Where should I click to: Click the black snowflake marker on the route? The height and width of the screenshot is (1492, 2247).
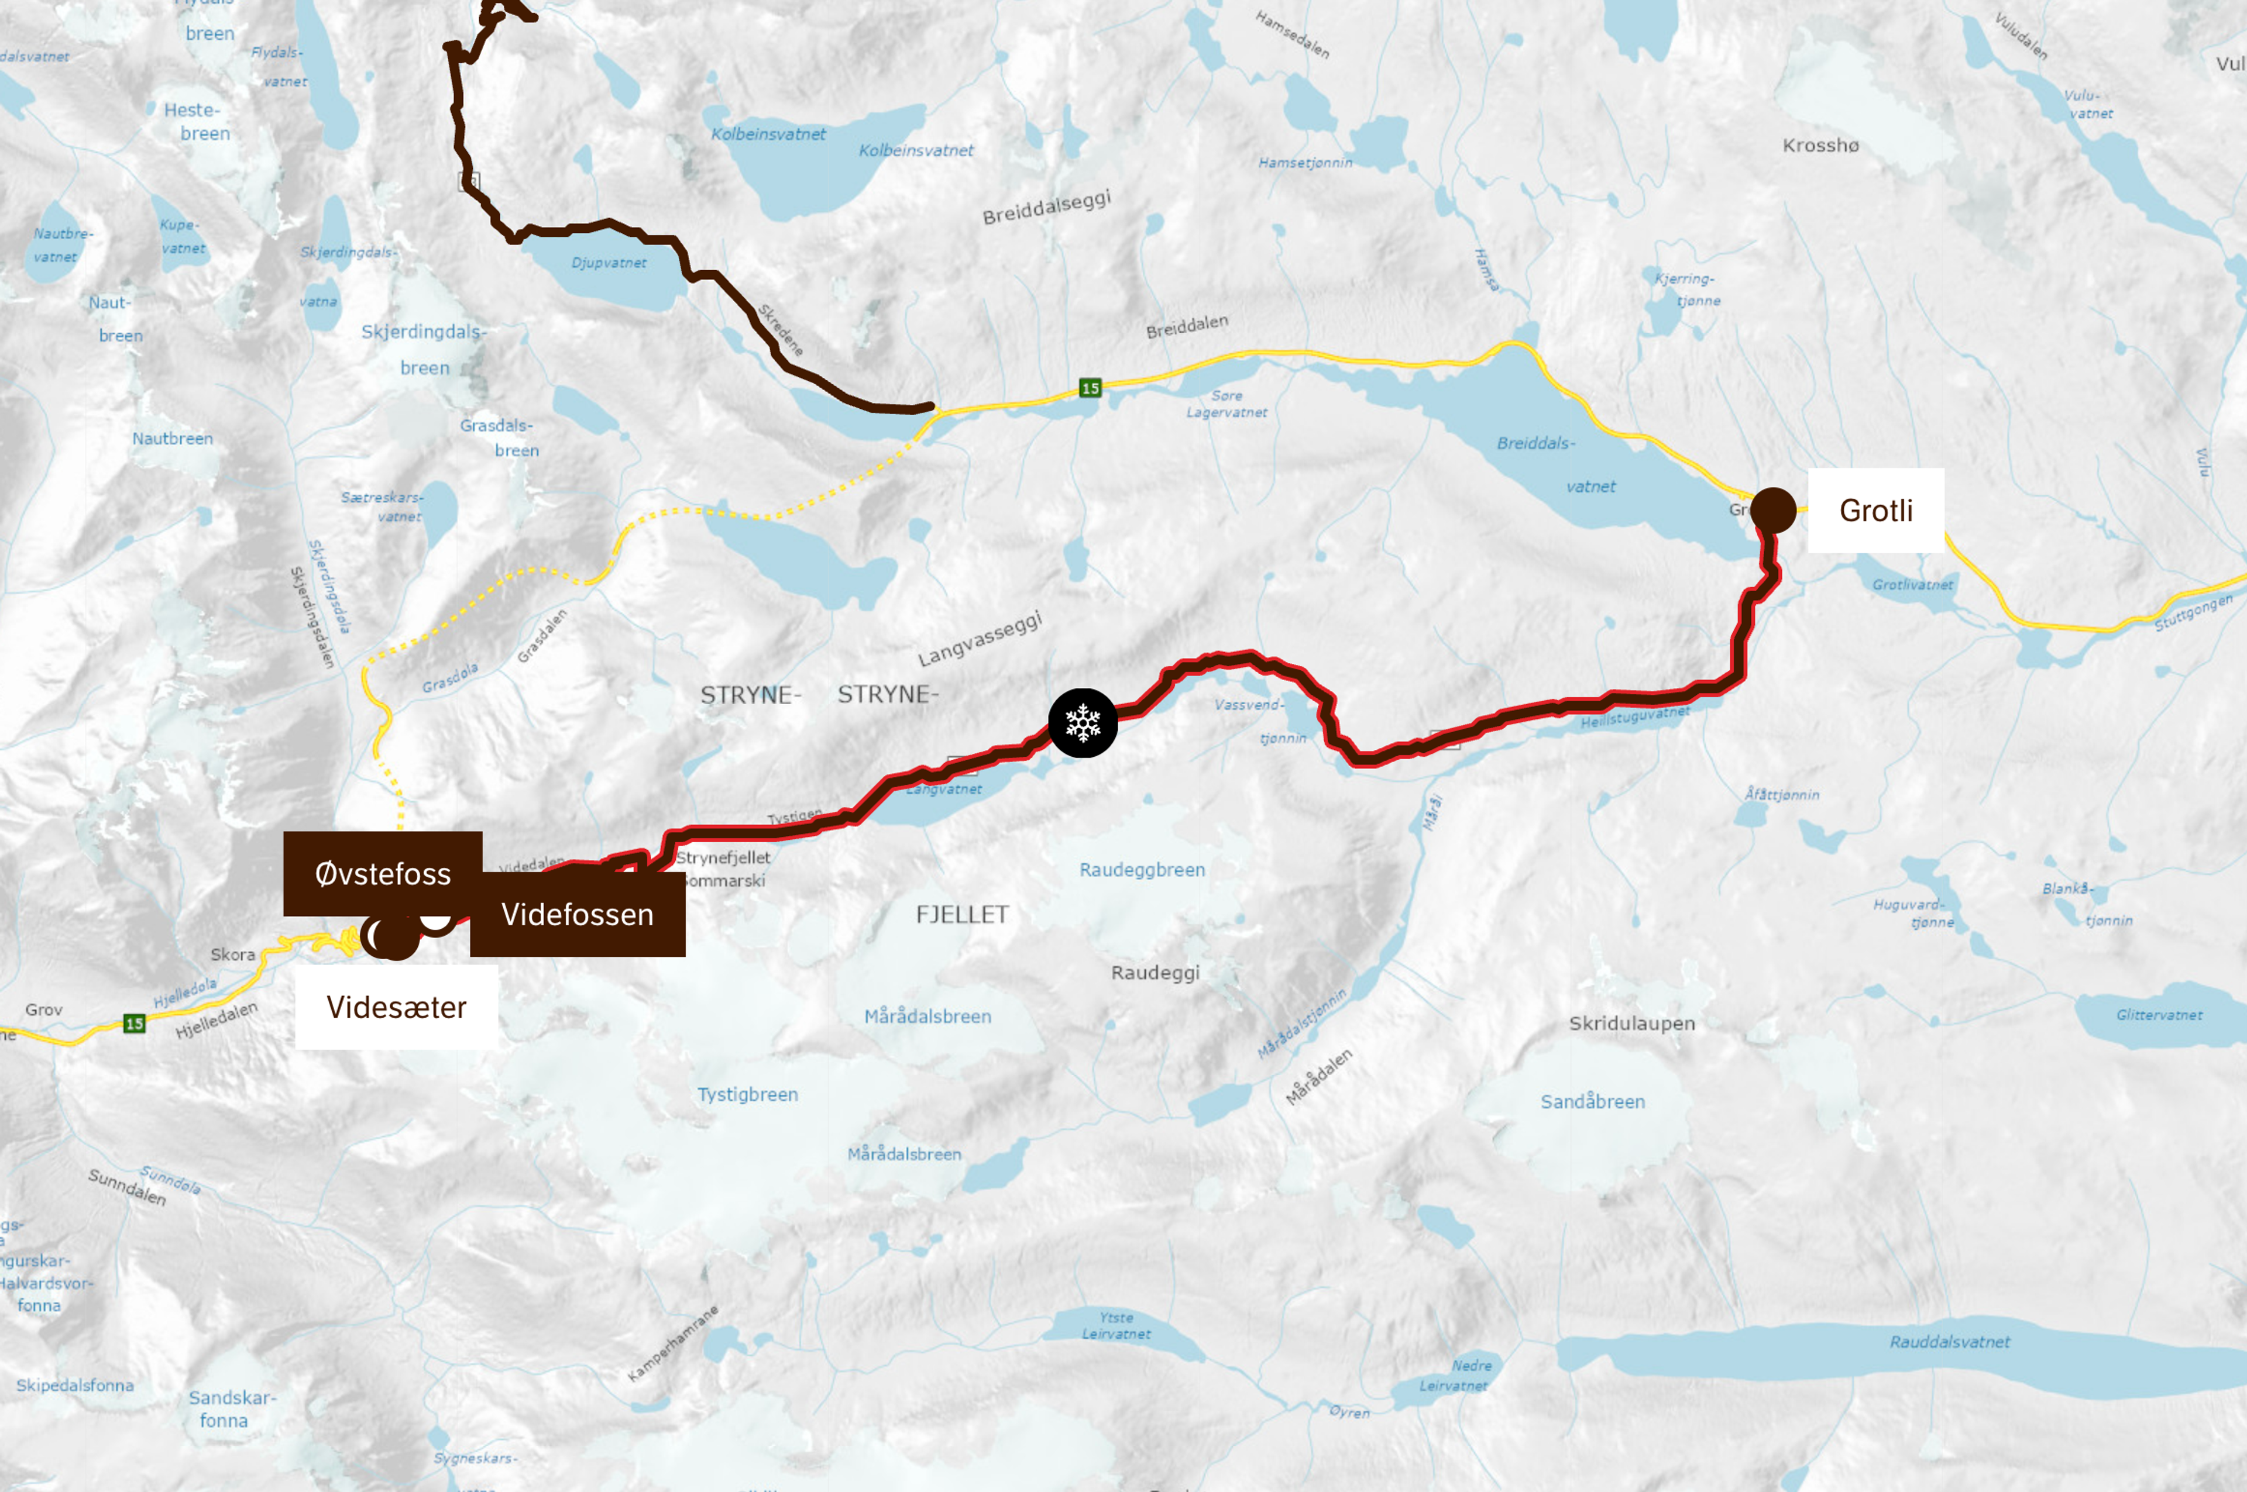(x=1082, y=723)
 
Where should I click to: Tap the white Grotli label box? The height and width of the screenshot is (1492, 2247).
(x=1875, y=511)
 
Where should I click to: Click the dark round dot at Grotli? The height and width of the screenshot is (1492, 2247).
(x=1773, y=510)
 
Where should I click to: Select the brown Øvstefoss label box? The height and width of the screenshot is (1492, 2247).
(x=383, y=874)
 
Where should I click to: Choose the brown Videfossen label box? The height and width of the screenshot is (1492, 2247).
(x=578, y=914)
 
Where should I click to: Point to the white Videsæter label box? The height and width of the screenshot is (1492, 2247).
(x=396, y=1007)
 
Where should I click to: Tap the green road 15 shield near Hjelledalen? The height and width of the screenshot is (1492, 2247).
(x=134, y=1024)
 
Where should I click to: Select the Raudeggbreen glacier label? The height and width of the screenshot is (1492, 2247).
(x=1142, y=870)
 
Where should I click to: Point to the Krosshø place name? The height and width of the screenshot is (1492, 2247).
(x=1820, y=146)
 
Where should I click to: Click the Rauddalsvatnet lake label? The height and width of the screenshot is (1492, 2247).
(x=1949, y=1342)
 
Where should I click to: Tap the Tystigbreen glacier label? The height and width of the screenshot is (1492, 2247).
(x=747, y=1094)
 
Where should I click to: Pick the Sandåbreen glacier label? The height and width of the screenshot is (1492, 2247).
(x=1592, y=1102)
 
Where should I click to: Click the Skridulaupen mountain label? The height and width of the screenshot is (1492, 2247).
(x=1631, y=1024)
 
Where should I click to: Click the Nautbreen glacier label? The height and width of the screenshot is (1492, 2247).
(x=172, y=439)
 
